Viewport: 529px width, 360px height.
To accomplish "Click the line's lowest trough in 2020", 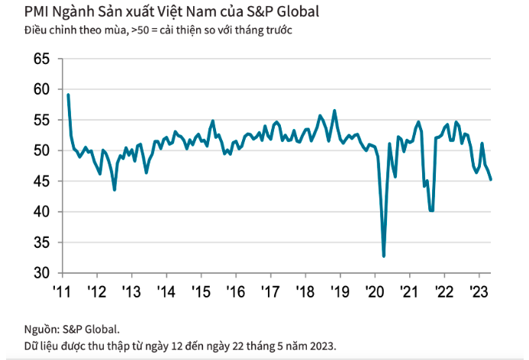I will pyautogui.click(x=384, y=256).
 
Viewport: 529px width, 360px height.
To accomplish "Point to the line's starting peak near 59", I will pyautogui.click(x=68, y=95).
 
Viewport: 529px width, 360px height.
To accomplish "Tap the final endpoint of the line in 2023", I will pyautogui.click(x=491, y=179).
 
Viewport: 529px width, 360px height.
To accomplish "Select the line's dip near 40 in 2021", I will pyautogui.click(x=432, y=211).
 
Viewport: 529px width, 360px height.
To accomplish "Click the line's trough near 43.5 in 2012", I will pyautogui.click(x=115, y=189).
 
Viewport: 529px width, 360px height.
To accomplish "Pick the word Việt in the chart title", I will pyautogui.click(x=172, y=12).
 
